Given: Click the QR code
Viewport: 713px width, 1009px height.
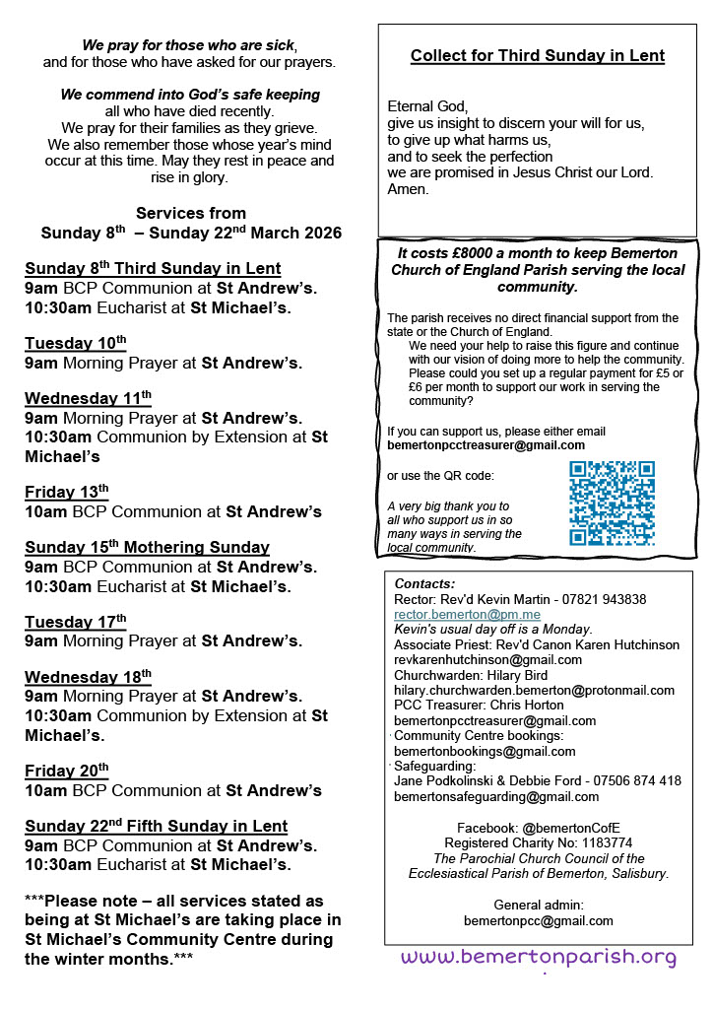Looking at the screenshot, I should [x=612, y=503].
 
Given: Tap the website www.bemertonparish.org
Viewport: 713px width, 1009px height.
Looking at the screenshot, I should [x=539, y=957].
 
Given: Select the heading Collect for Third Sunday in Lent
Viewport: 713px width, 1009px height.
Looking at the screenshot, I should [x=537, y=56].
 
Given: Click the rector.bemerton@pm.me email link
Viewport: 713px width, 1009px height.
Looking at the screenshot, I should [x=453, y=614].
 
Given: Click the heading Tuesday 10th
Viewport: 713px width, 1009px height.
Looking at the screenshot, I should [x=76, y=343].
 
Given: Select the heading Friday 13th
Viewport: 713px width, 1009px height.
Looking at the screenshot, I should [x=67, y=492].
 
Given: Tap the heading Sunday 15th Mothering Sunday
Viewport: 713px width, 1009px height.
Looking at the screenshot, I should [x=147, y=547].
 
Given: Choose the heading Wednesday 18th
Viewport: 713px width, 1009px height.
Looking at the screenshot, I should [x=88, y=677].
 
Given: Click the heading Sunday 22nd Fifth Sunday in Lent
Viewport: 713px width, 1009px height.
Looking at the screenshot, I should [x=156, y=826].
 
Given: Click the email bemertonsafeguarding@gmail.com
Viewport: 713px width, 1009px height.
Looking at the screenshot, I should [x=495, y=796].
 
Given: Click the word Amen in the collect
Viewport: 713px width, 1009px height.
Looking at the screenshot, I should [x=409, y=189].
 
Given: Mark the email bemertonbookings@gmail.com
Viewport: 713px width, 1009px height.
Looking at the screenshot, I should [x=485, y=751].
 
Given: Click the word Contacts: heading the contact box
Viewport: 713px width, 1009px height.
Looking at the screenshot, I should [x=424, y=583].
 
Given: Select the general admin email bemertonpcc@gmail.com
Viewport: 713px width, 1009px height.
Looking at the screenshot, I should [x=538, y=920].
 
